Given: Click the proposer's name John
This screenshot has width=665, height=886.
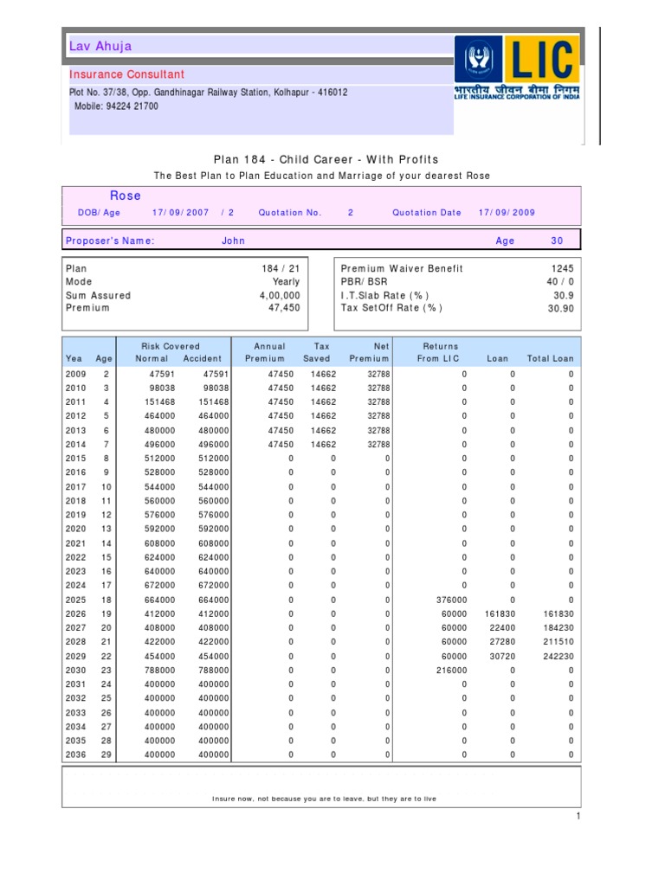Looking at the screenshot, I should tap(233, 241).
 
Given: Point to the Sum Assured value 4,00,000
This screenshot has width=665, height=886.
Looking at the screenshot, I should tap(280, 295).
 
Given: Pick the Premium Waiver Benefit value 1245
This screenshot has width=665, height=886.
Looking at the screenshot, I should tap(561, 269).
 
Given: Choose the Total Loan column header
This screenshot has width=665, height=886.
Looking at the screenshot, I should tap(550, 358).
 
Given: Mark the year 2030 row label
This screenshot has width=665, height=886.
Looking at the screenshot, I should tap(75, 670).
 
